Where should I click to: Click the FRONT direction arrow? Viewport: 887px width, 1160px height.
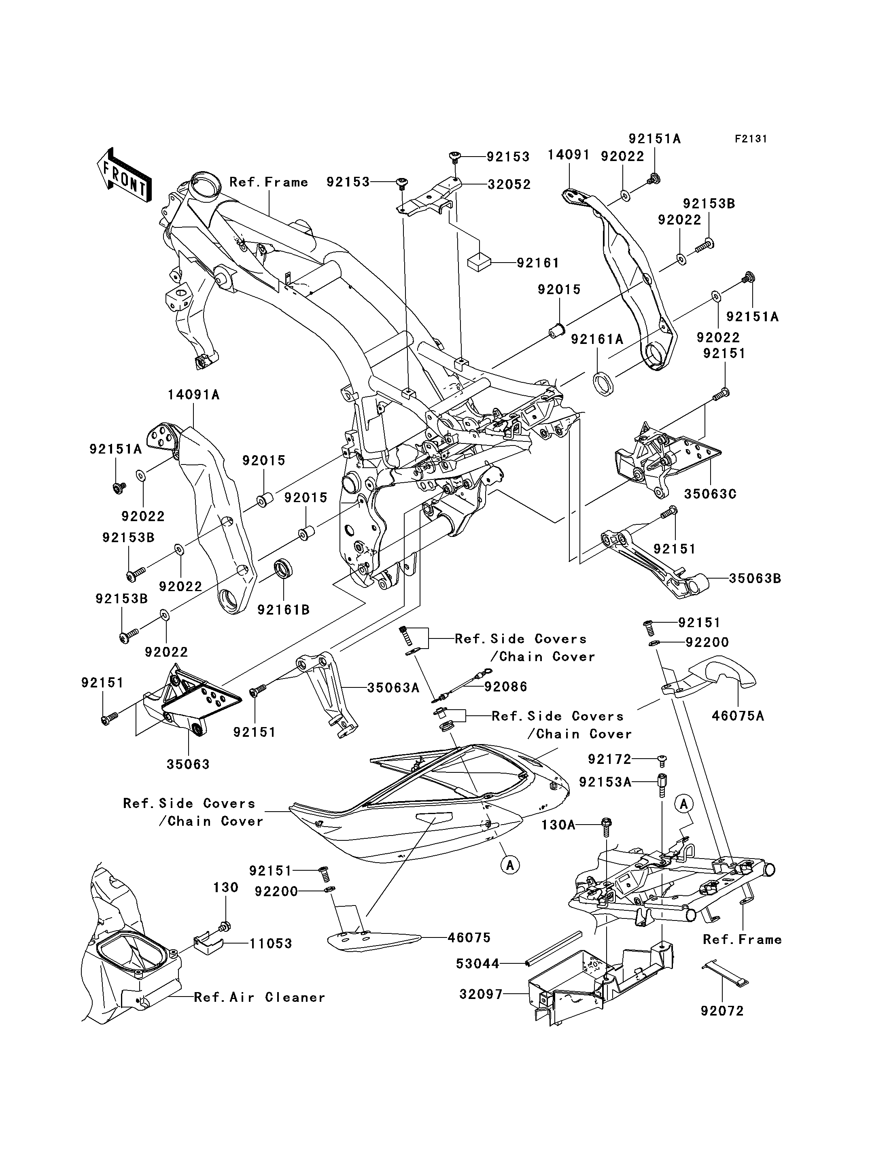pos(123,175)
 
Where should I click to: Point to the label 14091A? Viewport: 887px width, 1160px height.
pos(194,394)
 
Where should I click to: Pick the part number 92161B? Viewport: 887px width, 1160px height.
pos(284,610)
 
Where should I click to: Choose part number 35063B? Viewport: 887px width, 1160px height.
pos(755,578)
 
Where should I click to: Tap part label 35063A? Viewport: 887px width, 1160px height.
pos(393,687)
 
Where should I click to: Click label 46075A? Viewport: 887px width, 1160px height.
pos(738,716)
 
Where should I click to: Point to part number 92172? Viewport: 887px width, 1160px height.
pos(609,759)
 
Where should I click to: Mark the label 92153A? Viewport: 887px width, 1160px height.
pos(605,782)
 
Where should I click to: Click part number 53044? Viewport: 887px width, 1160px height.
pos(477,964)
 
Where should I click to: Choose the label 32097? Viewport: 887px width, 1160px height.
pos(480,994)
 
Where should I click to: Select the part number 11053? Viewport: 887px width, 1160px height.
pos(270,943)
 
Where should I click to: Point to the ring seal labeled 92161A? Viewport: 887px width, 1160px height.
pos(605,382)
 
